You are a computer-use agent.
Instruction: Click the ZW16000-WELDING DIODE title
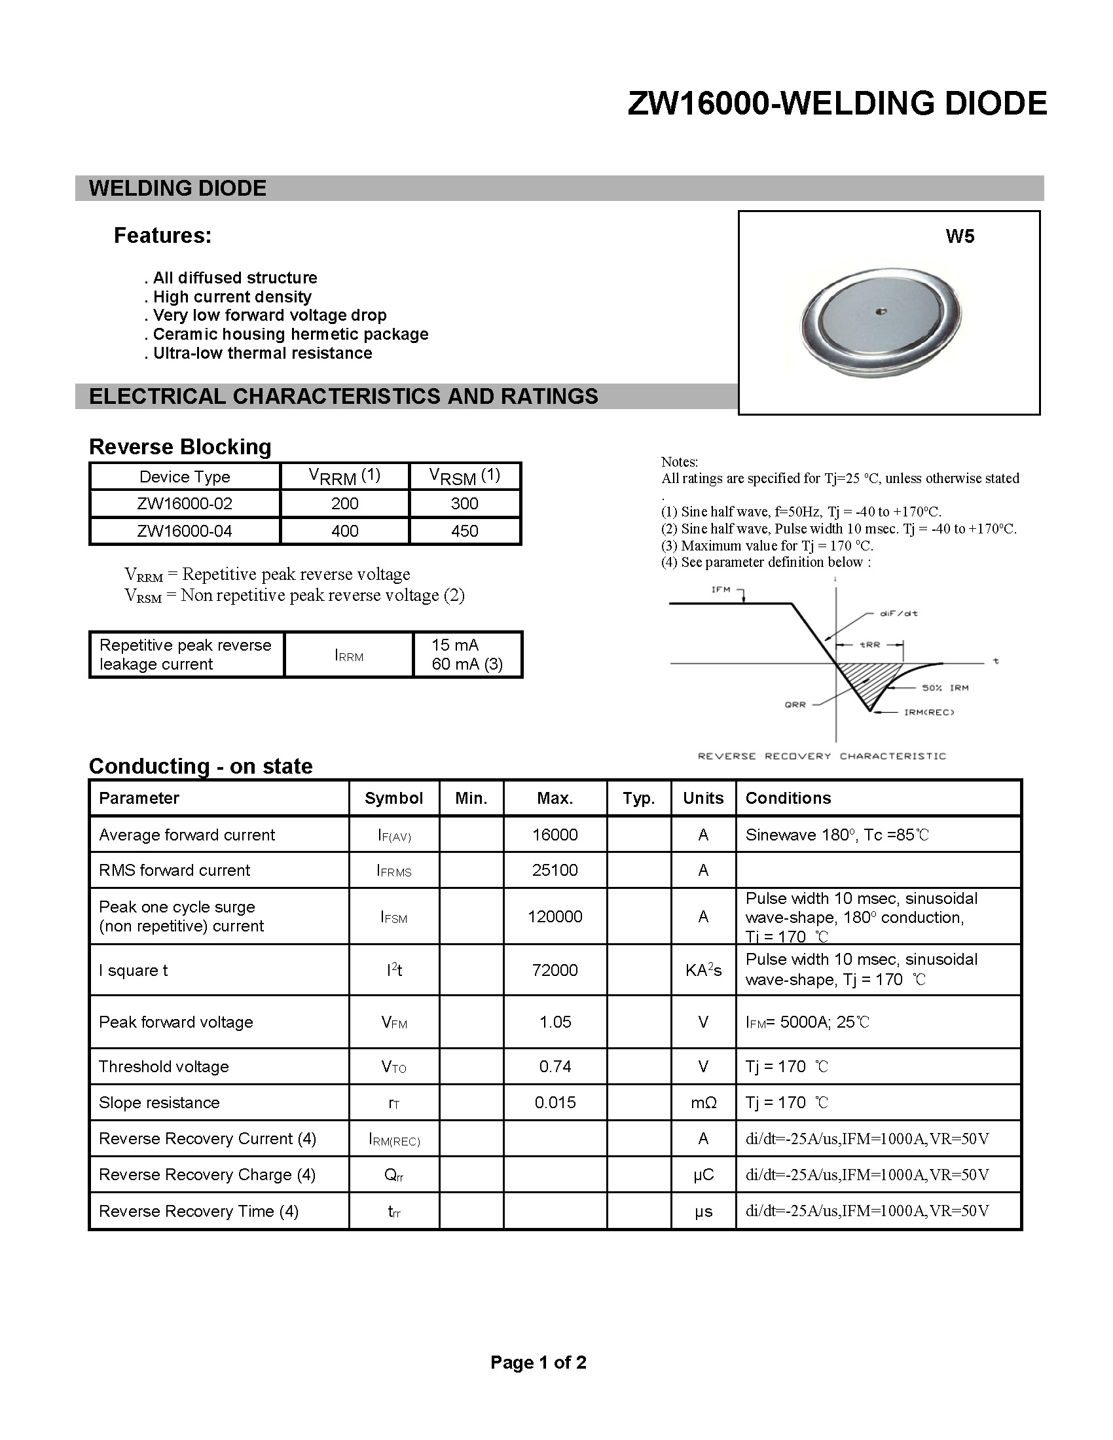click(837, 103)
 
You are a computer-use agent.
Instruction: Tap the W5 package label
click(959, 237)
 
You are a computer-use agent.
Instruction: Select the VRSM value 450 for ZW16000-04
click(464, 531)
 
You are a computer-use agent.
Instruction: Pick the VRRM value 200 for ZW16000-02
click(344, 504)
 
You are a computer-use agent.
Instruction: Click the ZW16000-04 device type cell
click(185, 531)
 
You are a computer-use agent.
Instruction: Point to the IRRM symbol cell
click(349, 656)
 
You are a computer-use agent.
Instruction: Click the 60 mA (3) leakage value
click(467, 664)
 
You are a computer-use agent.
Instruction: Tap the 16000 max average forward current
click(555, 835)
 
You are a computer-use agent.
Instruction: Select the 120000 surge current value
click(555, 916)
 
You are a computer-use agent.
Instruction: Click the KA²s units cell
click(703, 971)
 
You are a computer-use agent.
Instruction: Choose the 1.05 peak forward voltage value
click(555, 1022)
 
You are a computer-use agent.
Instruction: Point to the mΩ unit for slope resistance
click(703, 1102)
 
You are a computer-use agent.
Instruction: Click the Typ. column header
click(638, 799)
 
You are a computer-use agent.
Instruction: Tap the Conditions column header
click(788, 799)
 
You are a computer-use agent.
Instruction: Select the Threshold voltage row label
click(164, 1067)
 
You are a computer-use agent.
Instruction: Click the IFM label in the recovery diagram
click(721, 590)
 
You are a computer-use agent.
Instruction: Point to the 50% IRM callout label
click(945, 688)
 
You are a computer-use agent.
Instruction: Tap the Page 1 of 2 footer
click(538, 1362)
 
